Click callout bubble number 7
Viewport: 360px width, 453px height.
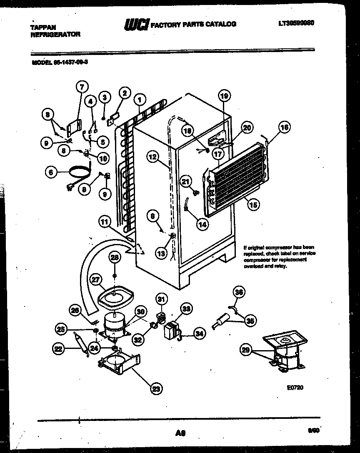pyautogui.click(x=82, y=87)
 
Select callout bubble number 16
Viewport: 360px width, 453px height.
pyautogui.click(x=285, y=127)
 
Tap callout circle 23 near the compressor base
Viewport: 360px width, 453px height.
pyautogui.click(x=156, y=389)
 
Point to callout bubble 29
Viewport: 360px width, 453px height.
pyautogui.click(x=246, y=351)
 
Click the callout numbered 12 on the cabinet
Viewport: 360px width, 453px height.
pyautogui.click(x=152, y=157)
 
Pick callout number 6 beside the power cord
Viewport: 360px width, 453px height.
pyautogui.click(x=51, y=172)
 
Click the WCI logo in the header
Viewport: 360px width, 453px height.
pyautogui.click(x=136, y=25)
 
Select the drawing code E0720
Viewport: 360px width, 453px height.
pyautogui.click(x=295, y=387)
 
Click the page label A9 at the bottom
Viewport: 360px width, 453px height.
pyautogui.click(x=180, y=433)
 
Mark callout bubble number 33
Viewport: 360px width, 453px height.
pyautogui.click(x=186, y=309)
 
